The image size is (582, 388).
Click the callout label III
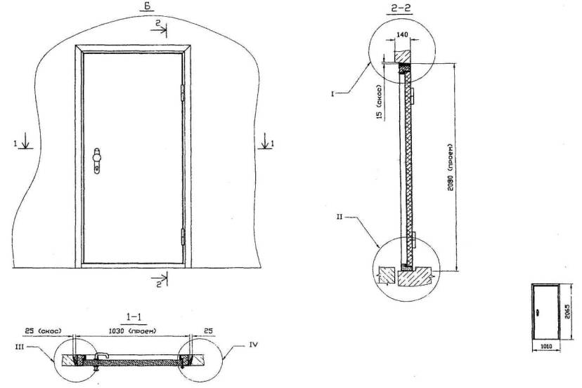[x=39, y=344]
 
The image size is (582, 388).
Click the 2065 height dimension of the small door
[x=566, y=305]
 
